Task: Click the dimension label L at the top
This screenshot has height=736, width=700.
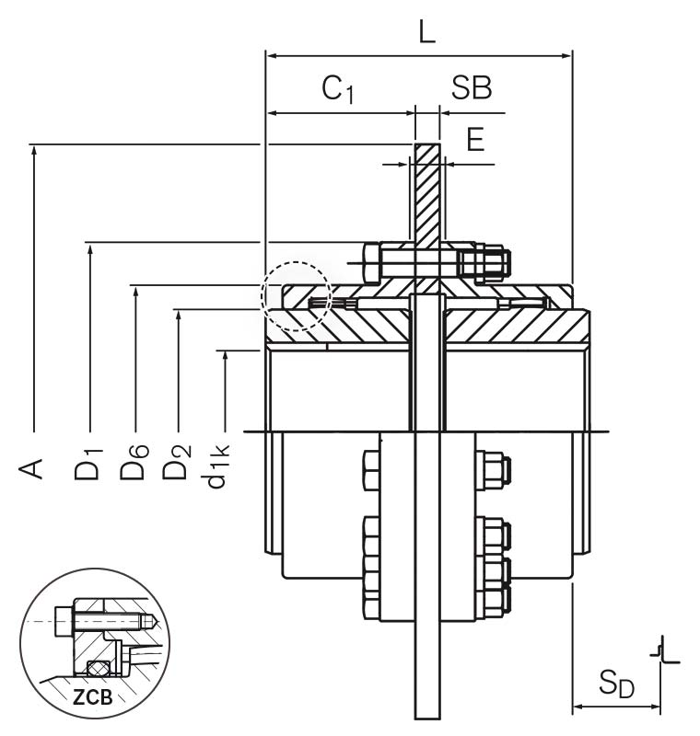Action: click(426, 31)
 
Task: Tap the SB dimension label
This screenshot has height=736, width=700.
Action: click(471, 88)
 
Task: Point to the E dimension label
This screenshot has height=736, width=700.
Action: click(475, 140)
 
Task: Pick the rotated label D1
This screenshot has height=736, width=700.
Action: click(89, 465)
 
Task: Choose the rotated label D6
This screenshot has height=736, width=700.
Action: click(134, 465)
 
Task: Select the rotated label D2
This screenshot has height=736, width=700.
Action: click(178, 465)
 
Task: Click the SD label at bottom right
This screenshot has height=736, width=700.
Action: click(617, 684)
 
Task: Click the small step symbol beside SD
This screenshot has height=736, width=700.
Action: click(665, 650)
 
